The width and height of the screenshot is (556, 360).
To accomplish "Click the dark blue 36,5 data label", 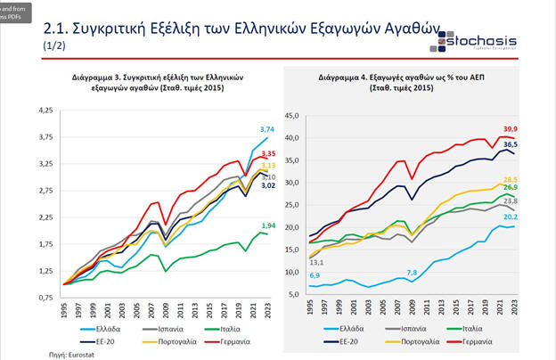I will pos(535,144).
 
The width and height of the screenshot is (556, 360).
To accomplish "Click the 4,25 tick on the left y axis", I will pos(45,110).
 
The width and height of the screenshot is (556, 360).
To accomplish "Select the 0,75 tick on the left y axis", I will pos(45,297).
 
